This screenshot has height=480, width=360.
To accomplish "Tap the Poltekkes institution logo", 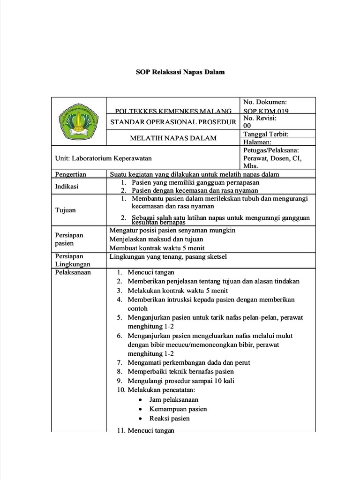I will [x=78, y=120].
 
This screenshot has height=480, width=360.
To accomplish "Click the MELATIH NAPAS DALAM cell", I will [x=173, y=138].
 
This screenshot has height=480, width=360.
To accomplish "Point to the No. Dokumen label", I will [x=265, y=102].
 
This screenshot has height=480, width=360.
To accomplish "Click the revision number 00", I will [x=248, y=126].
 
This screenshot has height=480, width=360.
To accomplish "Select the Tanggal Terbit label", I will [x=266, y=134].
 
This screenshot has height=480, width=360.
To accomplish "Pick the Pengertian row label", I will [x=71, y=174].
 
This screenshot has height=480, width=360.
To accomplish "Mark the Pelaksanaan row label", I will [x=73, y=272].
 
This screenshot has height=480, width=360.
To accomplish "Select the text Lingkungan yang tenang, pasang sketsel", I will [x=168, y=256].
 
